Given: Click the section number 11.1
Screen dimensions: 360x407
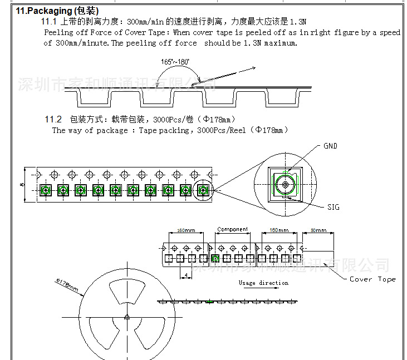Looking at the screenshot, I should pyautogui.click(x=50, y=22).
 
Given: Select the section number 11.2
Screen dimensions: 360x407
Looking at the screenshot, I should pyautogui.click(x=53, y=119).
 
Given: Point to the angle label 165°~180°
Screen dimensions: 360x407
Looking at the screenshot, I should pyautogui.click(x=175, y=62).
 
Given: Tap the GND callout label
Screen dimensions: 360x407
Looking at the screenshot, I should pyautogui.click(x=330, y=146).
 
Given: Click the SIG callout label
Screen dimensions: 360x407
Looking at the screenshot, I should pyautogui.click(x=333, y=207).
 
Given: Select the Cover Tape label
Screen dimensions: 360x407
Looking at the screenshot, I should pyautogui.click(x=372, y=279).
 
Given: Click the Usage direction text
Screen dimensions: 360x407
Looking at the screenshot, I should pyautogui.click(x=263, y=283).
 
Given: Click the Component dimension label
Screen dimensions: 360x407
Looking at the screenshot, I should pyautogui.click(x=232, y=229).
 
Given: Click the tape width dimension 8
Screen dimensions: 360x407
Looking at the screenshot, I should pyautogui.click(x=21, y=184).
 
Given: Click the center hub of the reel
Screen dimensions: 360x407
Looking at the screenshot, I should pyautogui.click(x=126, y=317).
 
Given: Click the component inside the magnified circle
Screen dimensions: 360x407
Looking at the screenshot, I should pyautogui.click(x=285, y=184).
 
